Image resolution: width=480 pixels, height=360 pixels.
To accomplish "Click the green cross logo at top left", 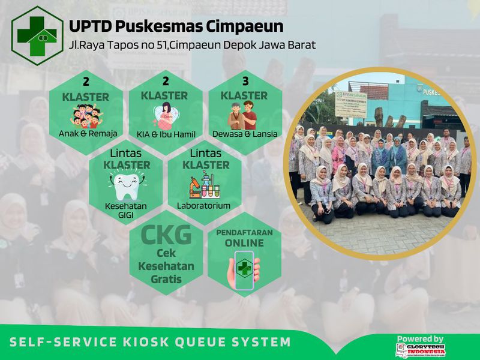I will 37,35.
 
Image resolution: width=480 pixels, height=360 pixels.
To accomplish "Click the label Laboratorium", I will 203,206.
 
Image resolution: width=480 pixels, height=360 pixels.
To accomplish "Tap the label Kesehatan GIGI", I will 125,209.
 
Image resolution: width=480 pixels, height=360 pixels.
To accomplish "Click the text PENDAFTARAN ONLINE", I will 244,237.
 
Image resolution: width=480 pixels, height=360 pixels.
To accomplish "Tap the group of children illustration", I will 88,118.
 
